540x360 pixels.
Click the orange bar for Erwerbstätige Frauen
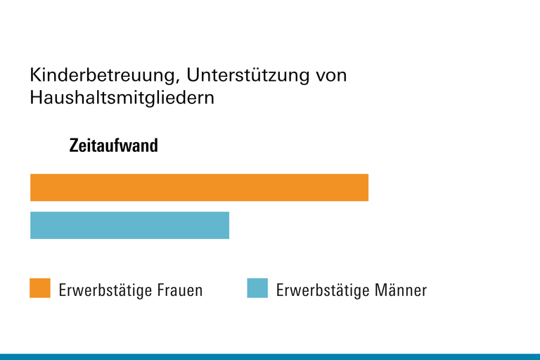click(199, 188)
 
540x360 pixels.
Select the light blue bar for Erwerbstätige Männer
click(129, 225)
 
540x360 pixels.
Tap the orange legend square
click(40, 288)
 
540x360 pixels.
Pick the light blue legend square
click(257, 288)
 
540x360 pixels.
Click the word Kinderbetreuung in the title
click(101, 75)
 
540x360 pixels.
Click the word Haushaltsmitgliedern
click(122, 98)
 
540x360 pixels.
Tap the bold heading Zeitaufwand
click(113, 146)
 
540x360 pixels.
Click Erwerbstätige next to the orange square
click(100, 290)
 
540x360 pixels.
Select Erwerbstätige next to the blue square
click(317, 290)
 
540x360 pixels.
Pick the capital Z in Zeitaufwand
click(74, 146)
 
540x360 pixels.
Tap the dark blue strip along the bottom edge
click(270, 356)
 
